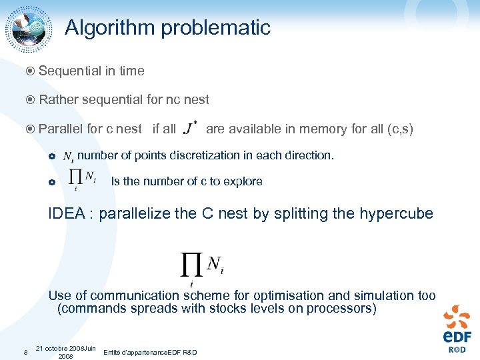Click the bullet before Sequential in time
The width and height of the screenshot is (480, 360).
pos(31,71)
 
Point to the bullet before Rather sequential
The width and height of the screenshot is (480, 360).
pos(31,100)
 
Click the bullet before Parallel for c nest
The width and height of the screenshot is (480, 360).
pos(31,129)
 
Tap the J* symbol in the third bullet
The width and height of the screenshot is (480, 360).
pos(191,127)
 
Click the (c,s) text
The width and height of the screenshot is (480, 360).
pos(400,129)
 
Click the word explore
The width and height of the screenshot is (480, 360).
pos(243,181)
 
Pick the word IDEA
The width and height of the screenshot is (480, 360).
pos(66,214)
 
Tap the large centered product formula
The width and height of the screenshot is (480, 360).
pos(203,266)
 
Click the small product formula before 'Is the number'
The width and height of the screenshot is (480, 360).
pos(83,179)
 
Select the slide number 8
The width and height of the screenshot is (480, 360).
pos(25,352)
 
